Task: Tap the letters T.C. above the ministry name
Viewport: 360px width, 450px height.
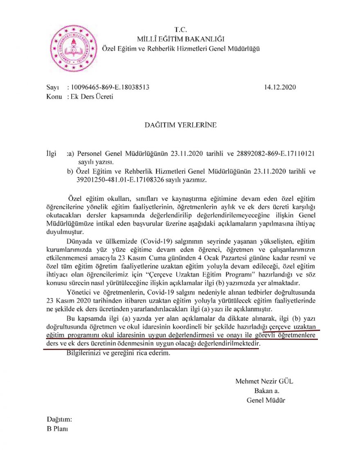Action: coord(180,30)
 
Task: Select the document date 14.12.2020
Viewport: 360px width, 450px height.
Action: coord(280,88)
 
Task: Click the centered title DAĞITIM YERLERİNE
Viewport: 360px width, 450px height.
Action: coord(180,125)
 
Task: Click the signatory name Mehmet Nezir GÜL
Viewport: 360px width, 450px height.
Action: coord(264,381)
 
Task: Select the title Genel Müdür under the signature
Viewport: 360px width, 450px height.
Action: coord(266,400)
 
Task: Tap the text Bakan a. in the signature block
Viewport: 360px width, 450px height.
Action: coord(266,391)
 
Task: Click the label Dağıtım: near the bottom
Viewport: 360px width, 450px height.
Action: coord(60,420)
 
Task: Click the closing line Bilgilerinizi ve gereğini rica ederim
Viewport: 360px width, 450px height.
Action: coord(117,353)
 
